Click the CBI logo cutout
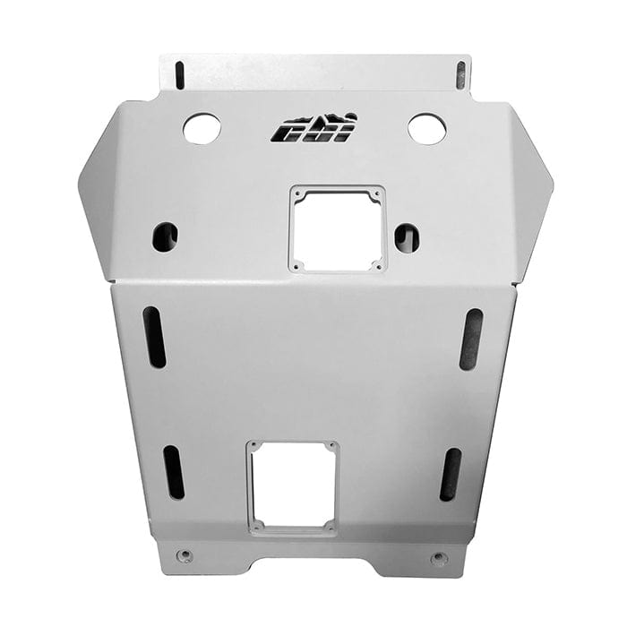point(313,128)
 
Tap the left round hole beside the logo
point(202,129)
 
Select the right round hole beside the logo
point(427,129)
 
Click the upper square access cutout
point(337,228)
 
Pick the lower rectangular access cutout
point(293,487)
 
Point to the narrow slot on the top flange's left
point(179,74)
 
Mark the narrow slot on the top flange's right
point(461,74)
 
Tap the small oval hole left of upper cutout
point(165,236)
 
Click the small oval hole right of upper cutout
point(407,237)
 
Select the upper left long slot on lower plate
point(155,337)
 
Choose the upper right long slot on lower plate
point(471,339)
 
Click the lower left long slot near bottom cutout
point(173,472)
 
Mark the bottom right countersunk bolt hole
point(438,558)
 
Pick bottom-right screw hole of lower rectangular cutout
point(331,528)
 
